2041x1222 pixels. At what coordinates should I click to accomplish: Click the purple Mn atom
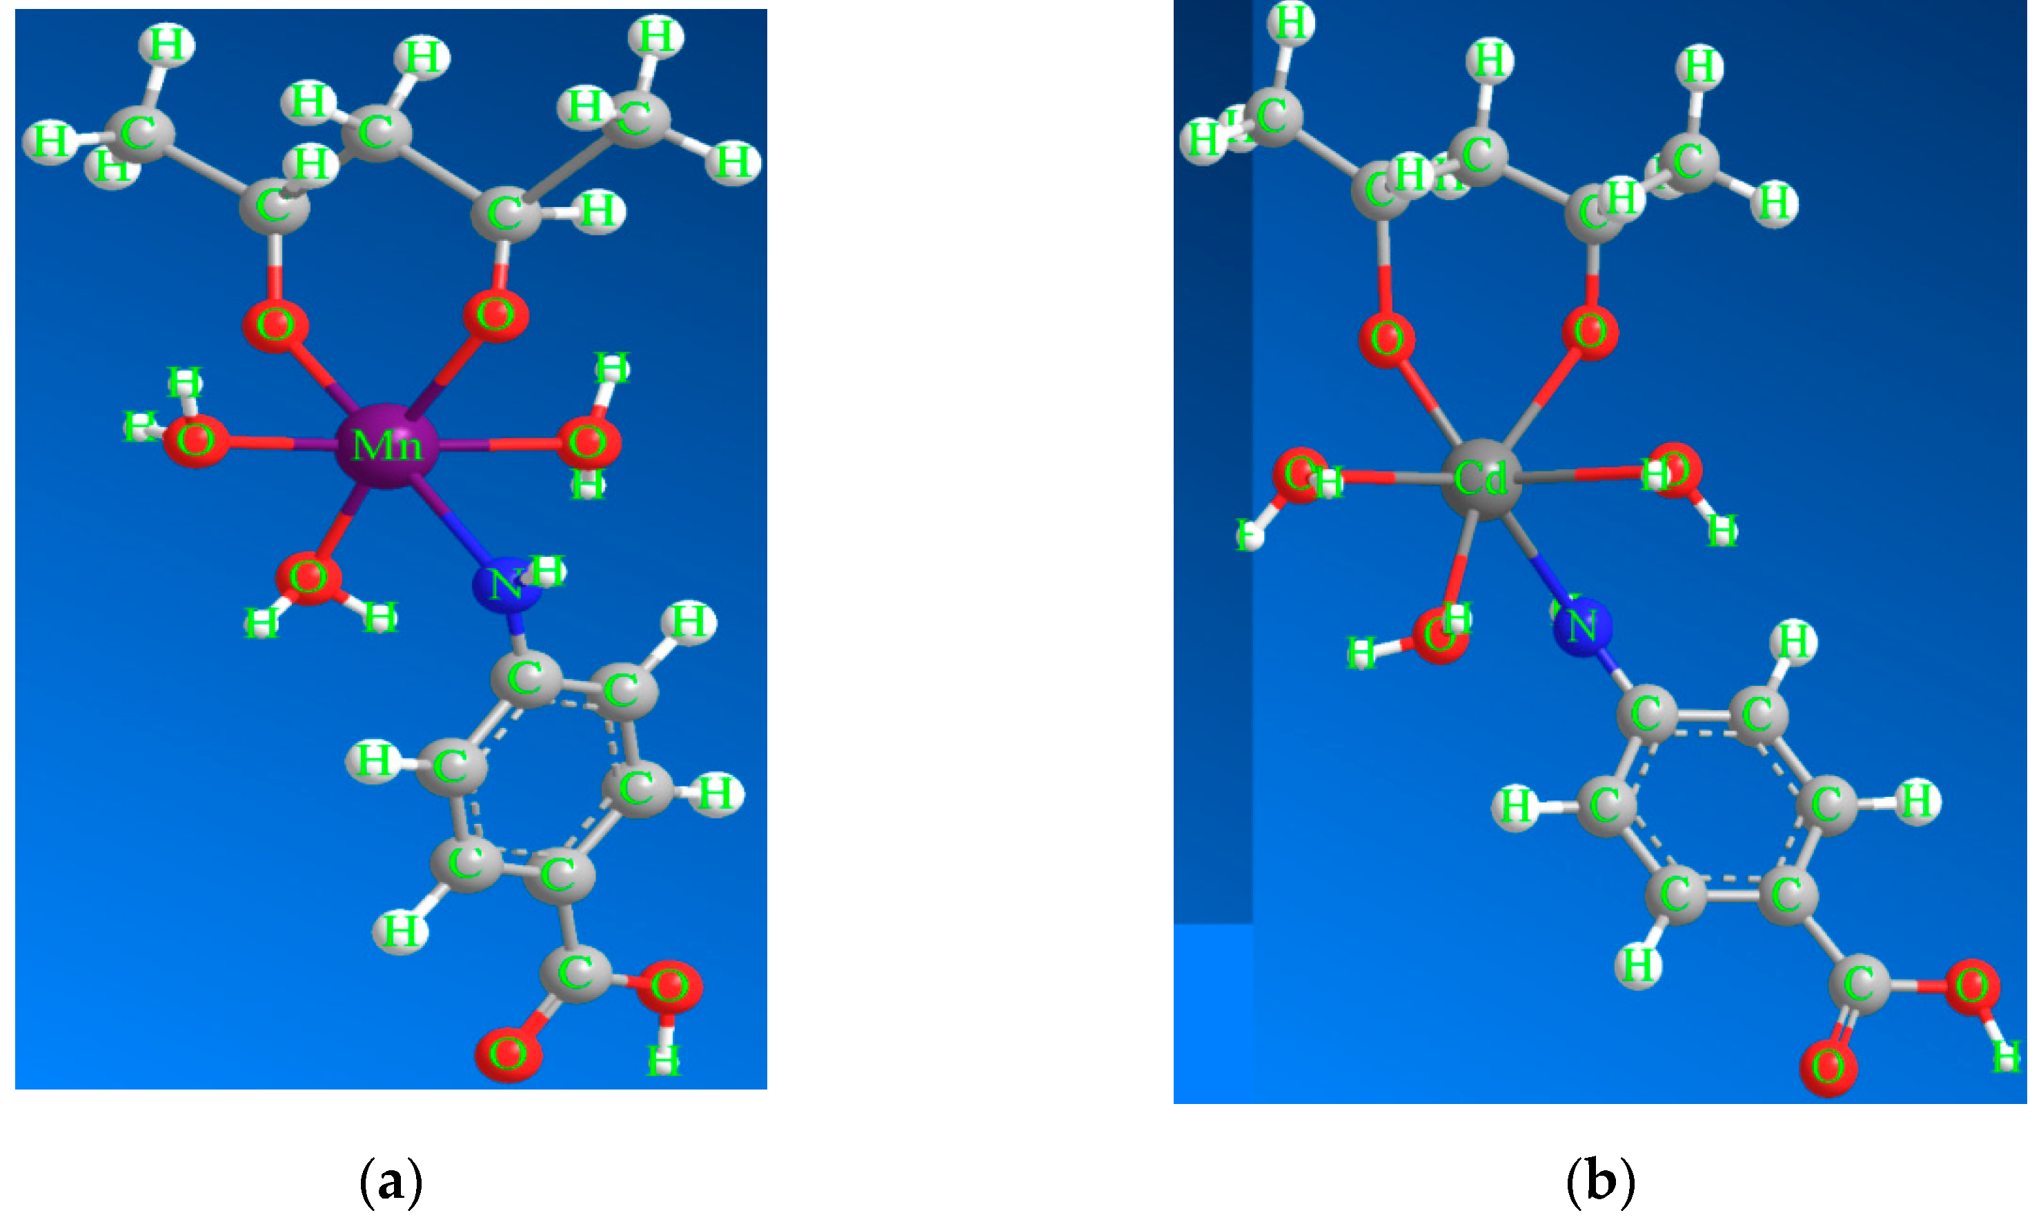click(385, 446)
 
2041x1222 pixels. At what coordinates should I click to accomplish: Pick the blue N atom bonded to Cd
click(1581, 627)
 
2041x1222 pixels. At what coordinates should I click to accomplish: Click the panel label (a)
click(391, 1183)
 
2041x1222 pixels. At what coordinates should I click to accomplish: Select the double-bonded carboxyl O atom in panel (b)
click(1828, 1068)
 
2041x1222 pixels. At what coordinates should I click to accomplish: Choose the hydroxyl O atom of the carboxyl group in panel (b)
click(1972, 985)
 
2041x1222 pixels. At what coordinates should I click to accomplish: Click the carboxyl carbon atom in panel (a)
click(575, 975)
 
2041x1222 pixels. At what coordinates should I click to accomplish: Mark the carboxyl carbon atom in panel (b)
click(1859, 984)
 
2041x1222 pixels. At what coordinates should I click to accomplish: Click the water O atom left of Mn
click(195, 442)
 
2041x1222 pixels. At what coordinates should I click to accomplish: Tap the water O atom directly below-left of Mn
click(308, 578)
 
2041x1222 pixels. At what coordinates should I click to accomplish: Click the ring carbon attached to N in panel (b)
click(1646, 713)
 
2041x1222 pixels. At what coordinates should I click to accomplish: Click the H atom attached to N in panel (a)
click(547, 570)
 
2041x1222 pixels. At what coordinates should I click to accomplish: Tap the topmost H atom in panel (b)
click(1291, 22)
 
